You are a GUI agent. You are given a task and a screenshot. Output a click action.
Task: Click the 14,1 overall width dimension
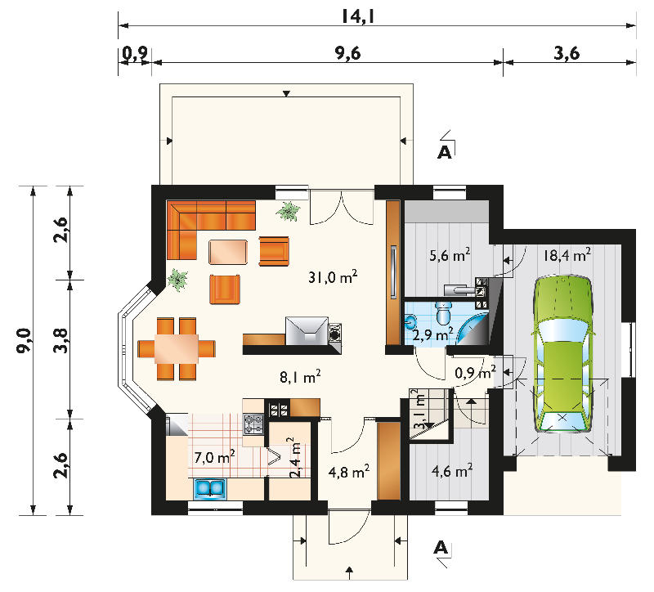coord(358,16)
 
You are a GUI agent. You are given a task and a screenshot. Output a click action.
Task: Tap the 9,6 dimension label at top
coord(348,53)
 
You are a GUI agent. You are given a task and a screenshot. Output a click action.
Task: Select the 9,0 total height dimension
coord(24,341)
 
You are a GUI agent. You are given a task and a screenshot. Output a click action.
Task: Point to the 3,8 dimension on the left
coord(61,341)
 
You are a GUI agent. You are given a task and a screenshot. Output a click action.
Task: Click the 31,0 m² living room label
coord(333,276)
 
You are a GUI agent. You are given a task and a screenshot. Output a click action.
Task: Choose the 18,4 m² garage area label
coord(567,254)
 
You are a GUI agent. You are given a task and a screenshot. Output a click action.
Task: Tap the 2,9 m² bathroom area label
coord(432,334)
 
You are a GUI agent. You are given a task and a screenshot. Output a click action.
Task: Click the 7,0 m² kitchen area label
coord(214,457)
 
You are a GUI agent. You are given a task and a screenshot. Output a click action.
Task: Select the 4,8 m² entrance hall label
coord(349,472)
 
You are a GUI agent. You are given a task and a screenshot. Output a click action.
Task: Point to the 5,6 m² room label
coord(450,254)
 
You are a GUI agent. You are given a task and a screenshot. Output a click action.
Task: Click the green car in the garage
coord(562,354)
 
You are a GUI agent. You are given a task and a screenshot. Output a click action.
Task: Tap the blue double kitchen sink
coord(209,488)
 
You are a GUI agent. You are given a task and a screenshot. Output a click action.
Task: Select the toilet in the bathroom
coord(443,313)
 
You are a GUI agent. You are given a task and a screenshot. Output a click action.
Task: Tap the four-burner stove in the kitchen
coord(253,424)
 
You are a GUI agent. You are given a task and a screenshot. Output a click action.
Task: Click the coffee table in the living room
coord(228,252)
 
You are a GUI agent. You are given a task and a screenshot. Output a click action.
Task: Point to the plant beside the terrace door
coord(288,211)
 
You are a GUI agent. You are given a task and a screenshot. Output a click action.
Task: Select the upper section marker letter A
coord(445,153)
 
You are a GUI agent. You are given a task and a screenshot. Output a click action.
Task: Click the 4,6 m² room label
coord(452,472)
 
